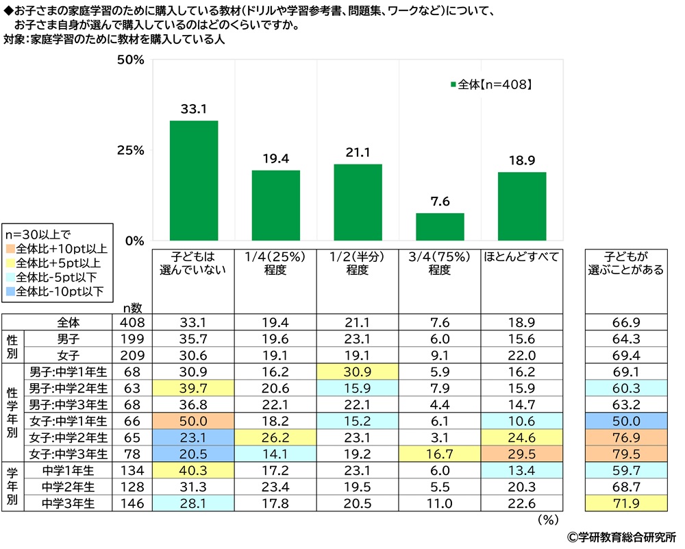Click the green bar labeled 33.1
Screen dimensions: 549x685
[194, 180]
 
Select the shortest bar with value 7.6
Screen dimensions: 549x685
[440, 226]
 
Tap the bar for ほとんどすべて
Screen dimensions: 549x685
[522, 206]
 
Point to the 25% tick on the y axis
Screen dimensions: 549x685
[129, 151]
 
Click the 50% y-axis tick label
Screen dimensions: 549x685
[129, 60]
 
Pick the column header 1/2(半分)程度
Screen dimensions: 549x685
[357, 263]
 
